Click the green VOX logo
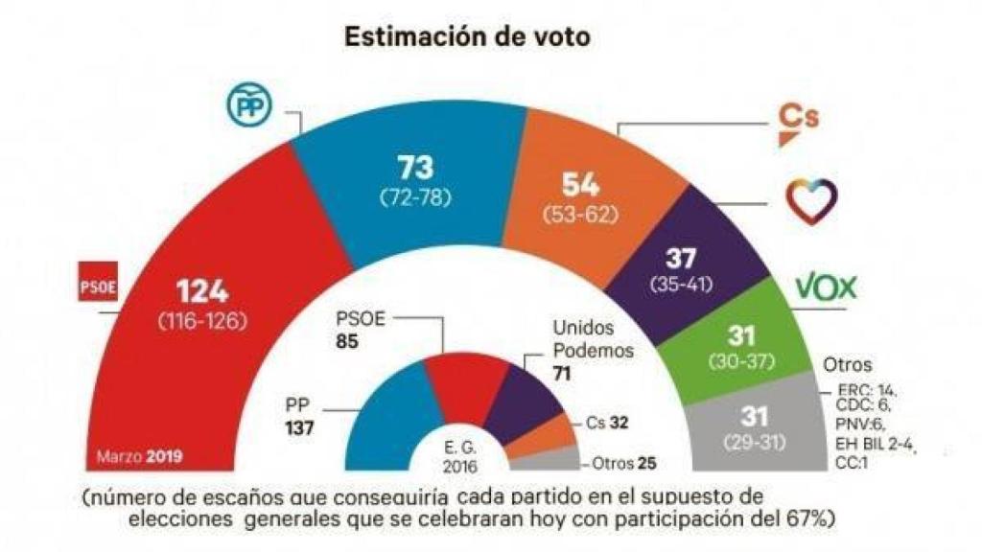[x=825, y=287]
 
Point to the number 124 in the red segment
[x=204, y=291]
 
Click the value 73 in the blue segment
[x=415, y=169]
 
